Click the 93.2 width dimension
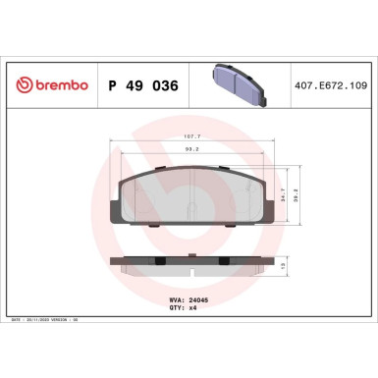[190, 151]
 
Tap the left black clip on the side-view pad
[158, 260]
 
